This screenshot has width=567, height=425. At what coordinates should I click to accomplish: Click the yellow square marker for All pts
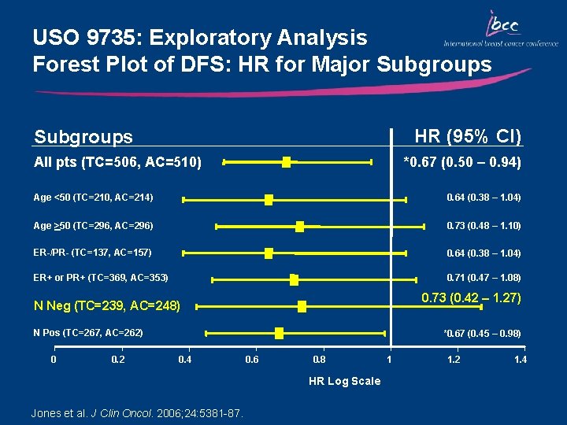[287, 162]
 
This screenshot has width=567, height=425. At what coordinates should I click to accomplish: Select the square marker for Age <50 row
[269, 200]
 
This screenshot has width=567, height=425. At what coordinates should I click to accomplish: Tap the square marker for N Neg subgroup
[302, 306]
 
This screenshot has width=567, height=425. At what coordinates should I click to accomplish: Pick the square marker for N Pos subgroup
[279, 334]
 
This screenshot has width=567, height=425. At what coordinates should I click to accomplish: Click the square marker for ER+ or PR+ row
[294, 279]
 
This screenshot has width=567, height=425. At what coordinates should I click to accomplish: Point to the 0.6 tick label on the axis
[251, 360]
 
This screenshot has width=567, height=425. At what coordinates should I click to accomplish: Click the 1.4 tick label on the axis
[520, 360]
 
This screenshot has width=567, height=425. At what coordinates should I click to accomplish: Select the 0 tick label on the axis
[53, 360]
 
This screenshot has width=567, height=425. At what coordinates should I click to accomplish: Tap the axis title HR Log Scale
[344, 381]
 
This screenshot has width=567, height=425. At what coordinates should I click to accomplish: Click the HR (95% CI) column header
[468, 136]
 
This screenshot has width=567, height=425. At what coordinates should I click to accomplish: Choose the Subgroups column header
[83, 137]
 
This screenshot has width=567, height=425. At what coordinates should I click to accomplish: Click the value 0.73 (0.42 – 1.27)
[471, 298]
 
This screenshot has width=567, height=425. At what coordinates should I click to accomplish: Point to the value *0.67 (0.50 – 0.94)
[461, 163]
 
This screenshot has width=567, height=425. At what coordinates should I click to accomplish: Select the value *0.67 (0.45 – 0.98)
[482, 334]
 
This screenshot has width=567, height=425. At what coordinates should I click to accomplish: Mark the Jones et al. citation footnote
[136, 413]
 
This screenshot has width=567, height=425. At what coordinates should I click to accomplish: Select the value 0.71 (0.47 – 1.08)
[484, 278]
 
